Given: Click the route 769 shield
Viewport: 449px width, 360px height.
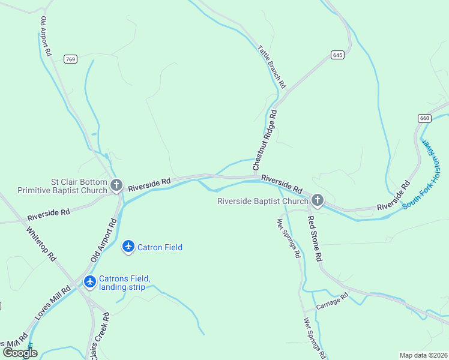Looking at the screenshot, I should [71, 59].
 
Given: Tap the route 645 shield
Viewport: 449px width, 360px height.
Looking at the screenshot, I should [337, 55].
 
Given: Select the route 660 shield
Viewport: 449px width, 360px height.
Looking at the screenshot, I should [424, 118].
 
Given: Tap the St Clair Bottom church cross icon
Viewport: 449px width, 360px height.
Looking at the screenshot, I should [116, 185].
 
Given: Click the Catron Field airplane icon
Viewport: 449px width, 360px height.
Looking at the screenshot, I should [128, 247].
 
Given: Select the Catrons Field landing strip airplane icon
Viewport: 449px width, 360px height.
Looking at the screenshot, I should [90, 281].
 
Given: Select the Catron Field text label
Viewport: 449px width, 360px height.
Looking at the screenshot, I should [160, 247].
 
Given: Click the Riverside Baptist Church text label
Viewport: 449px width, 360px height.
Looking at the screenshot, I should [262, 202].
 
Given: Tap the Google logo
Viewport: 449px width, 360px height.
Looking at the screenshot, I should [20, 352].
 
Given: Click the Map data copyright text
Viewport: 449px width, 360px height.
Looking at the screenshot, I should [423, 355].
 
